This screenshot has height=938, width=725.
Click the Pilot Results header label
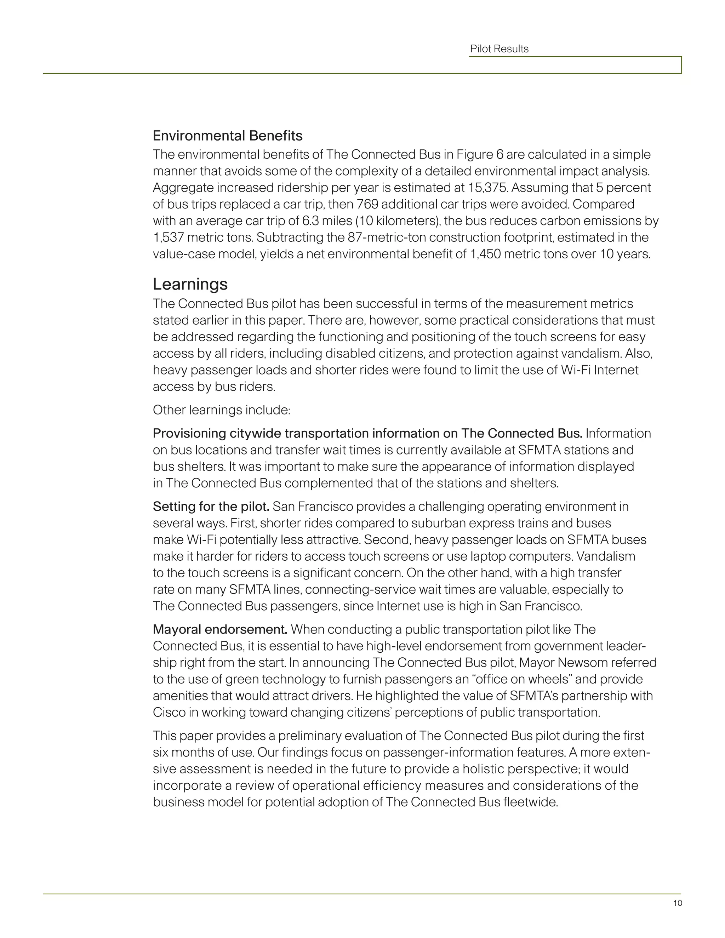(x=499, y=49)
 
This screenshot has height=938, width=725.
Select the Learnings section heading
(x=190, y=284)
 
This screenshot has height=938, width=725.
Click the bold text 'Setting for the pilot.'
(x=211, y=507)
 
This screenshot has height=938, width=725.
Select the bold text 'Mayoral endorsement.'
(x=220, y=630)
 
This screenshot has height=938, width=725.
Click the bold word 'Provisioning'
(x=189, y=433)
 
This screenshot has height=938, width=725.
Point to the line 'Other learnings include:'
(x=222, y=410)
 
